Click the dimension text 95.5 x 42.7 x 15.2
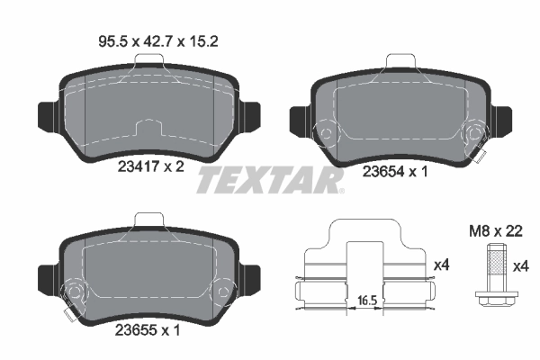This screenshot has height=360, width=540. (147, 40)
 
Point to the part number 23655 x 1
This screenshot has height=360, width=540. (148, 329)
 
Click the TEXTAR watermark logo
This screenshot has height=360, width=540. (270, 180)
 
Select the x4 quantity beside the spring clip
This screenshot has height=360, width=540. (442, 266)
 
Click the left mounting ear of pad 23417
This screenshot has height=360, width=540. (46, 113)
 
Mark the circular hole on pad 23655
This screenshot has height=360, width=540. (76, 292)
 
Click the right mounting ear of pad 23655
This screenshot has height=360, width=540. (251, 273)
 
